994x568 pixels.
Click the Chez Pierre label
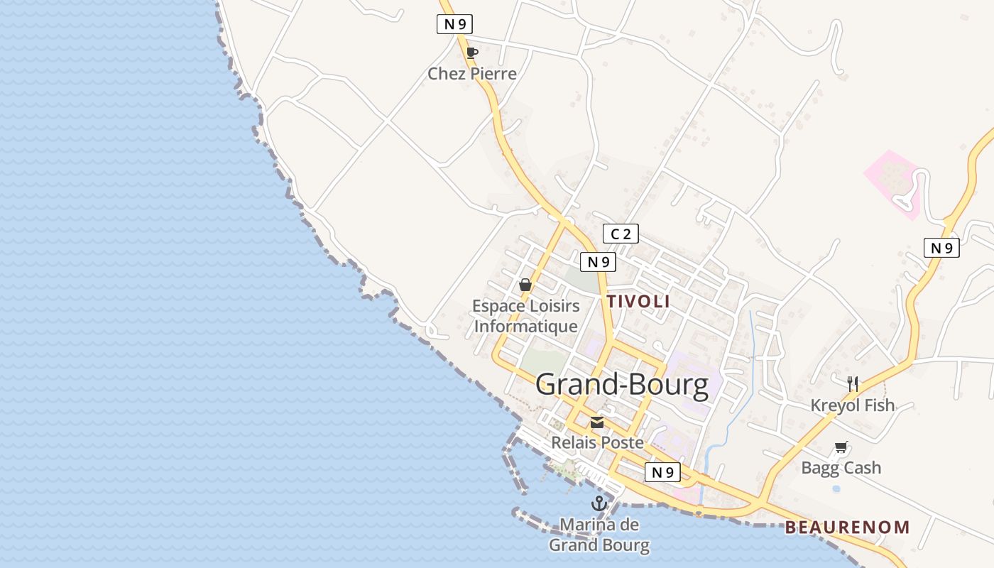coord(472,74)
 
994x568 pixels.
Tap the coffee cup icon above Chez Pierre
coord(471,53)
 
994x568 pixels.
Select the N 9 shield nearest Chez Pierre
coord(454,24)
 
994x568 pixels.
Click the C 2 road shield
coord(621,234)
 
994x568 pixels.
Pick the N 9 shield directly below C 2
coord(598,262)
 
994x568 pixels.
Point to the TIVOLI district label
coord(638,301)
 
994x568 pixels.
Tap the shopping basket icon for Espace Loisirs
coord(525,285)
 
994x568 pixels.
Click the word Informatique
coord(525,327)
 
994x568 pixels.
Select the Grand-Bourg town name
coord(622,385)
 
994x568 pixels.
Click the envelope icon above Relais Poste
coord(597,422)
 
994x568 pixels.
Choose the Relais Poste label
coord(598,442)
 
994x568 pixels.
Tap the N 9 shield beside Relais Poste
coord(662,472)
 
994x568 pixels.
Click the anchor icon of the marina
coord(599,504)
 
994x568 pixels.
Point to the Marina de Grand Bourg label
coord(599,535)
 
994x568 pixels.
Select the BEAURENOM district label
coord(847,528)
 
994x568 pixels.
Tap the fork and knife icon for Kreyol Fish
coord(853,384)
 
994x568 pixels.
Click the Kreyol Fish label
coord(853,405)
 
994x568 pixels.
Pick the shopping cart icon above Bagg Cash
coord(841,447)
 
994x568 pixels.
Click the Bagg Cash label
coord(841,468)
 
